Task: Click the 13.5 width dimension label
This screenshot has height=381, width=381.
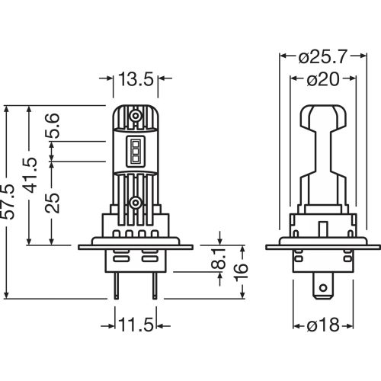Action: [x=136, y=78]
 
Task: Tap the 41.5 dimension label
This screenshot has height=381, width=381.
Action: [x=30, y=175]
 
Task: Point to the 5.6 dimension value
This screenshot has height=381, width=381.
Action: [x=53, y=126]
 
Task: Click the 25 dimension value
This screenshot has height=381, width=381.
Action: [x=53, y=203]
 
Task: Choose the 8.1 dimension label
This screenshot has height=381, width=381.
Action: [x=219, y=258]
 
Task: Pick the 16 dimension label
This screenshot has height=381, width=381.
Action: [x=240, y=272]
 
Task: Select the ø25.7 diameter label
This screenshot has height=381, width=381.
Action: [x=322, y=56]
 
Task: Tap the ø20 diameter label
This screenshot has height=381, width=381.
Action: [x=323, y=79]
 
